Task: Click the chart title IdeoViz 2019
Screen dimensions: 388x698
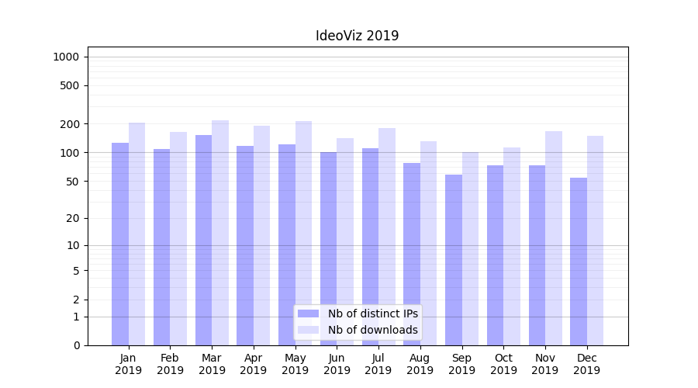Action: tap(357, 36)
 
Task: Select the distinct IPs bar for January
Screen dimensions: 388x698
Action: tap(120, 244)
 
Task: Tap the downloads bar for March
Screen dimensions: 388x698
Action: tap(220, 233)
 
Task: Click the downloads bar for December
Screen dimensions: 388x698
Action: tap(595, 241)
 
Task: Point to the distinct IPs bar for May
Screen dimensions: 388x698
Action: tap(287, 244)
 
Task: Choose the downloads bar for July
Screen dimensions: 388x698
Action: tap(387, 237)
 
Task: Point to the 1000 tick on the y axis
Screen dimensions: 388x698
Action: tap(66, 57)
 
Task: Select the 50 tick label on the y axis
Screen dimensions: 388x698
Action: tap(73, 182)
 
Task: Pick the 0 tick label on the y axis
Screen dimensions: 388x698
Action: tap(76, 345)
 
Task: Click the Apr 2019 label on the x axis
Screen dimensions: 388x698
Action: tap(254, 364)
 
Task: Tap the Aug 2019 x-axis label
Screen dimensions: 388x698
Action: tap(420, 364)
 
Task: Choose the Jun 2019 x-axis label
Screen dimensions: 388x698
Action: tap(337, 364)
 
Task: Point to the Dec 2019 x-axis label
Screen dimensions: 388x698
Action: tap(587, 364)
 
